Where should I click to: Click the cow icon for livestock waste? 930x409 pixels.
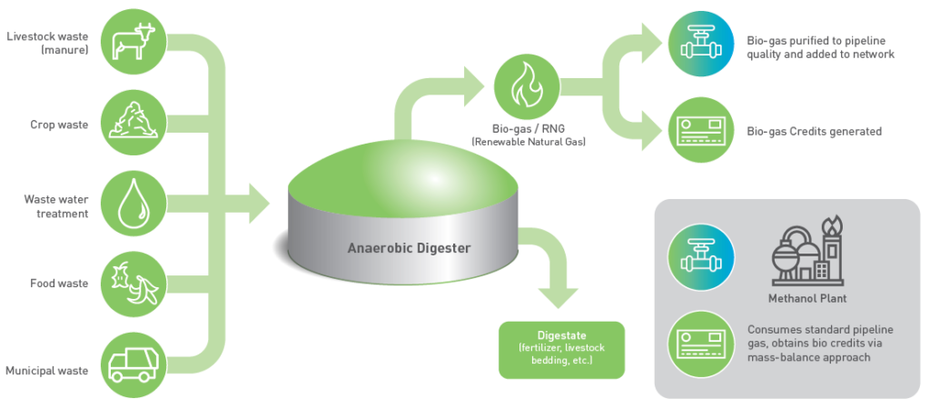coord(132,42)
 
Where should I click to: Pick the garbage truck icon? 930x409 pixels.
coord(132,365)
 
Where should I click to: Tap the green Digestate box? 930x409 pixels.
coord(561,349)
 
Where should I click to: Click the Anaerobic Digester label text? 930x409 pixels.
coord(404,247)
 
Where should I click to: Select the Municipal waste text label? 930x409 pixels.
coord(46,371)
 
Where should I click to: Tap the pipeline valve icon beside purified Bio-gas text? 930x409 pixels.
coord(701,43)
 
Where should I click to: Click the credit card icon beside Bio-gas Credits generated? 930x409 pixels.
coord(701,131)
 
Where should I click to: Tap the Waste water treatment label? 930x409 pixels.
coord(56,205)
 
